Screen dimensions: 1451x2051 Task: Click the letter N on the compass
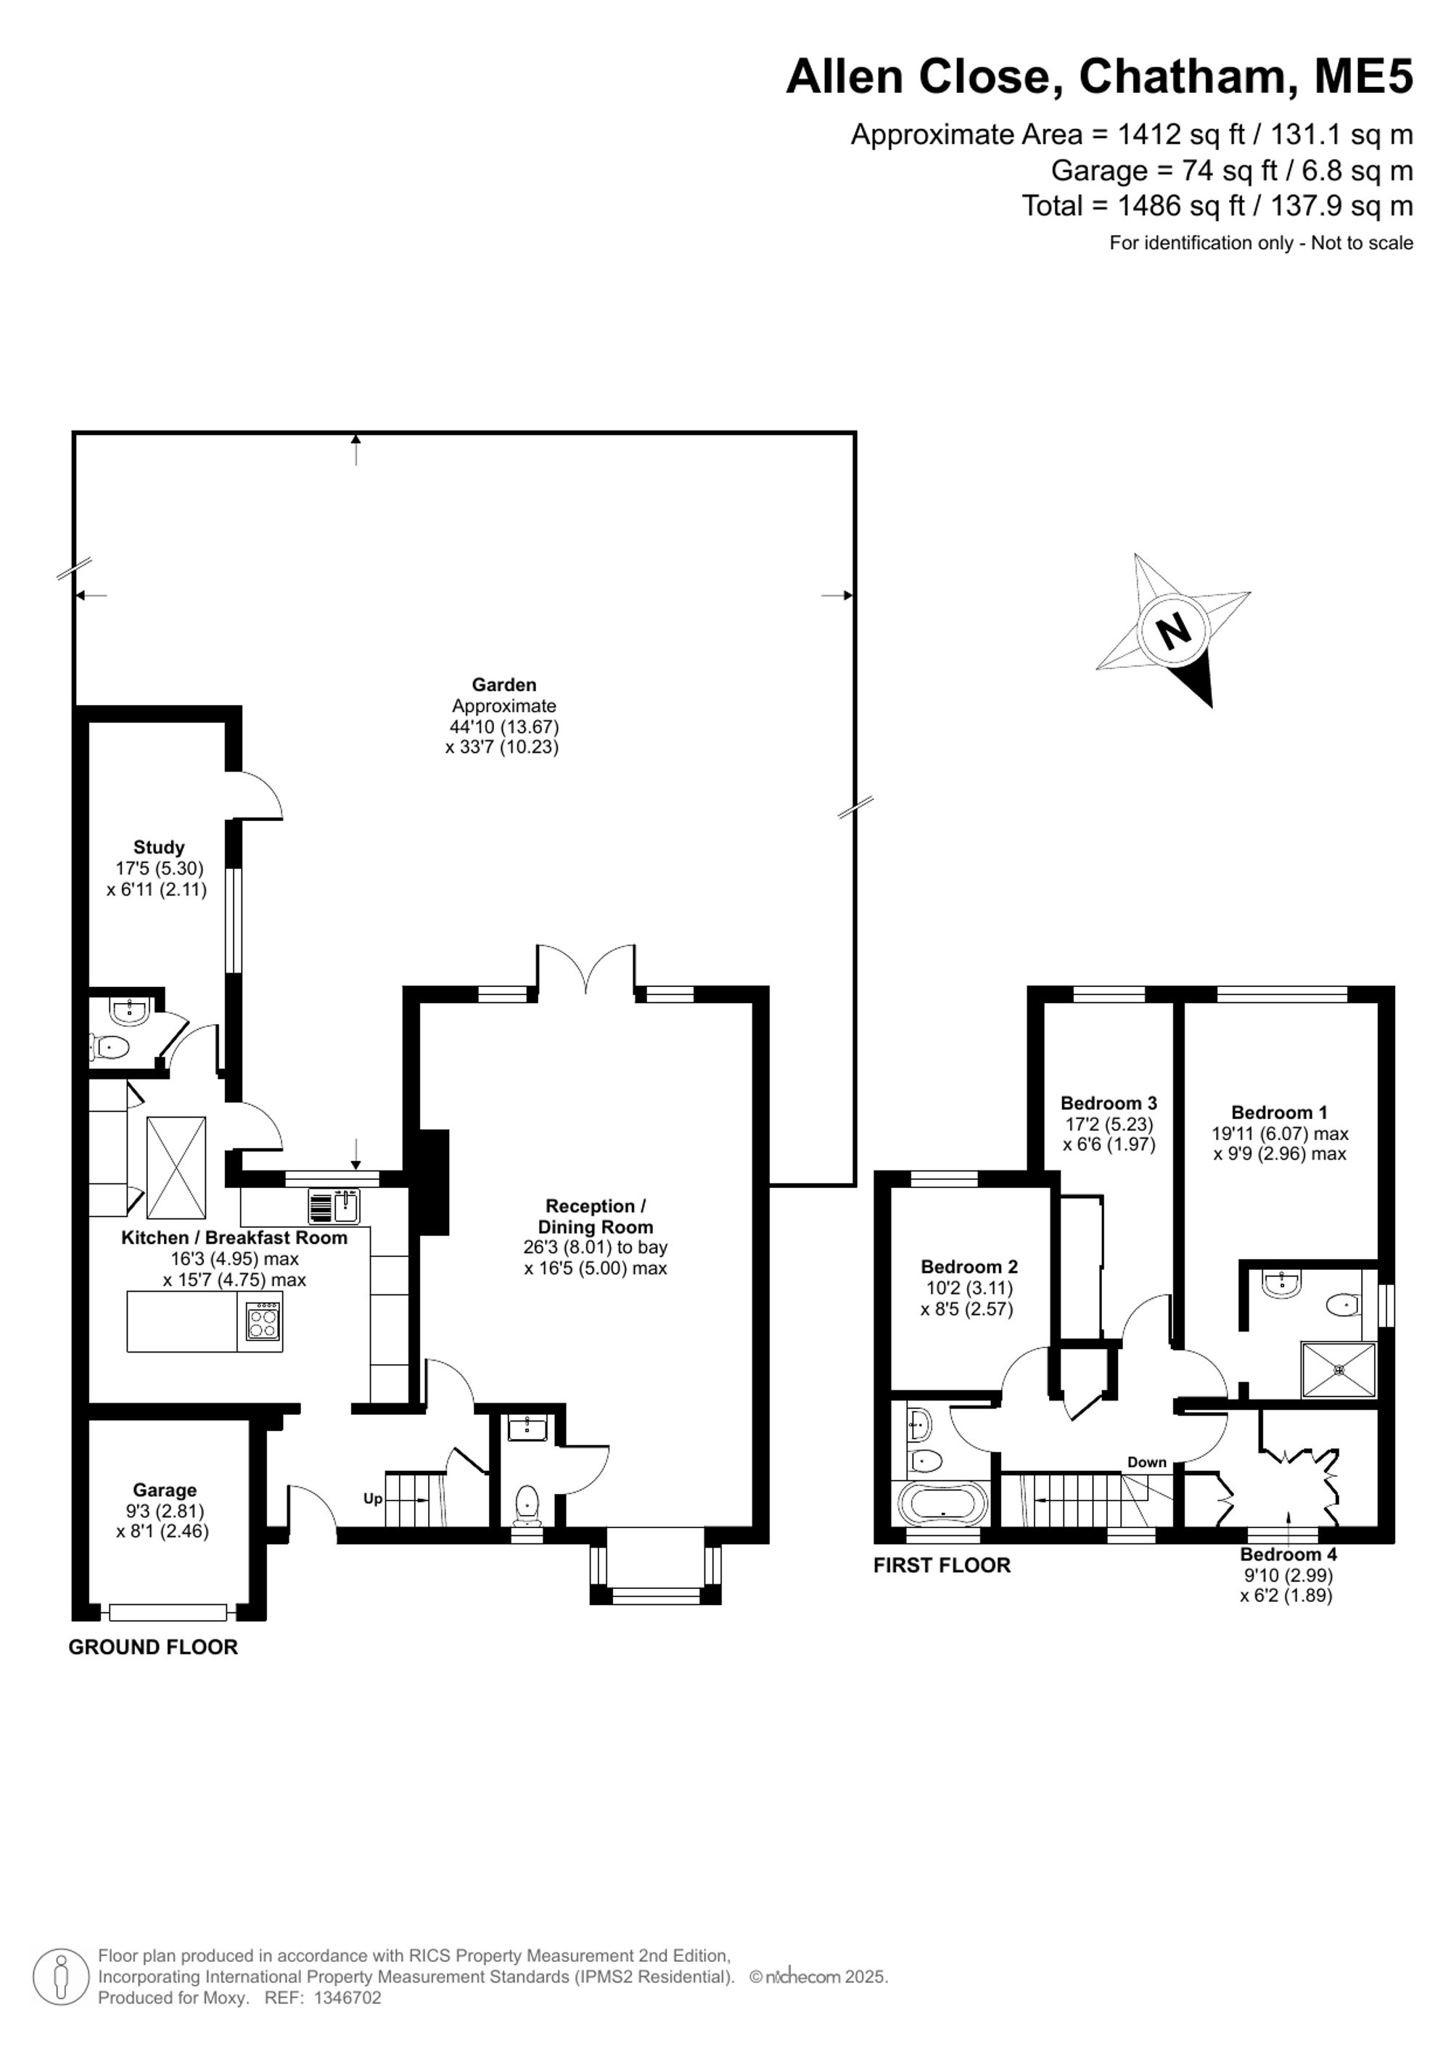click(x=1174, y=632)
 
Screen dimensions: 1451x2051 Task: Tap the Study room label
click(x=159, y=847)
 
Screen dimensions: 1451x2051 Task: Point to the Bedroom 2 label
click(x=969, y=1267)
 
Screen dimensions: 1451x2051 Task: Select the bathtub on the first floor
click(x=942, y=1503)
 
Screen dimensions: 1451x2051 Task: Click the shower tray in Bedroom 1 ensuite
click(x=1339, y=1369)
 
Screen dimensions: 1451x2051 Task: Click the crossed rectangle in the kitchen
click(x=176, y=1167)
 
